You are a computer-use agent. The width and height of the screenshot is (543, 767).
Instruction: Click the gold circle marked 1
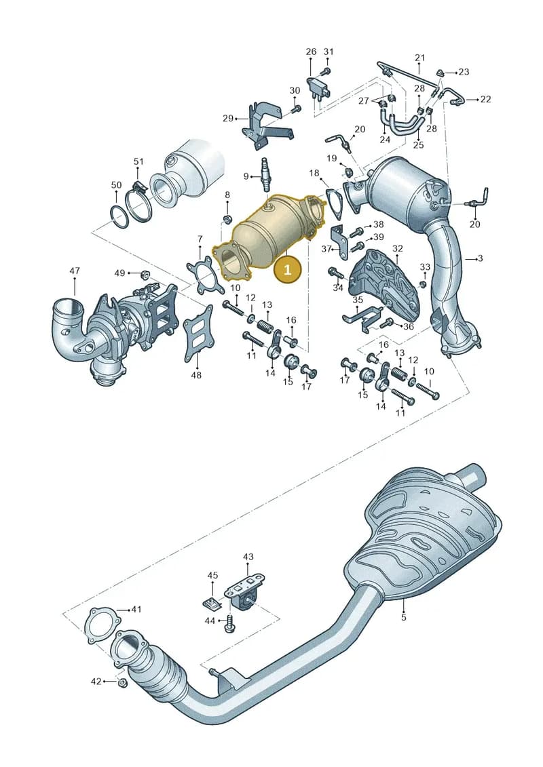point(287,269)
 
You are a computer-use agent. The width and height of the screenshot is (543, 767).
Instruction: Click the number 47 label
point(75,271)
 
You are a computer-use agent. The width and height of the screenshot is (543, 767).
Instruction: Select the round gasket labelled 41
point(102,626)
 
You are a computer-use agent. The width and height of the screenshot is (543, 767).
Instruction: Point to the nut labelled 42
point(124,682)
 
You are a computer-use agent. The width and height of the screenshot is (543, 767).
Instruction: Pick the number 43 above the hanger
point(248,557)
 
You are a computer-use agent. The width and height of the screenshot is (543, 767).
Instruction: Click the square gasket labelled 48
point(198,334)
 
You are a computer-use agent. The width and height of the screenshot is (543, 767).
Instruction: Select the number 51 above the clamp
point(138,161)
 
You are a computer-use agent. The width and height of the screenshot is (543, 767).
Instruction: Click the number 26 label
point(312,52)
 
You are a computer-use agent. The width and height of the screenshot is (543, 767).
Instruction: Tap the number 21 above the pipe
point(419,58)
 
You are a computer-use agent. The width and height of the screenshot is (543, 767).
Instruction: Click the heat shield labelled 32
point(384,286)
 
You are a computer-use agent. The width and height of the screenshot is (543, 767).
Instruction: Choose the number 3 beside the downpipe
point(481,258)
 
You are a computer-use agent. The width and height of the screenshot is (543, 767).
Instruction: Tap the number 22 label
point(485,99)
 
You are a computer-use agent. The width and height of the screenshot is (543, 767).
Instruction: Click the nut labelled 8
point(227,218)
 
